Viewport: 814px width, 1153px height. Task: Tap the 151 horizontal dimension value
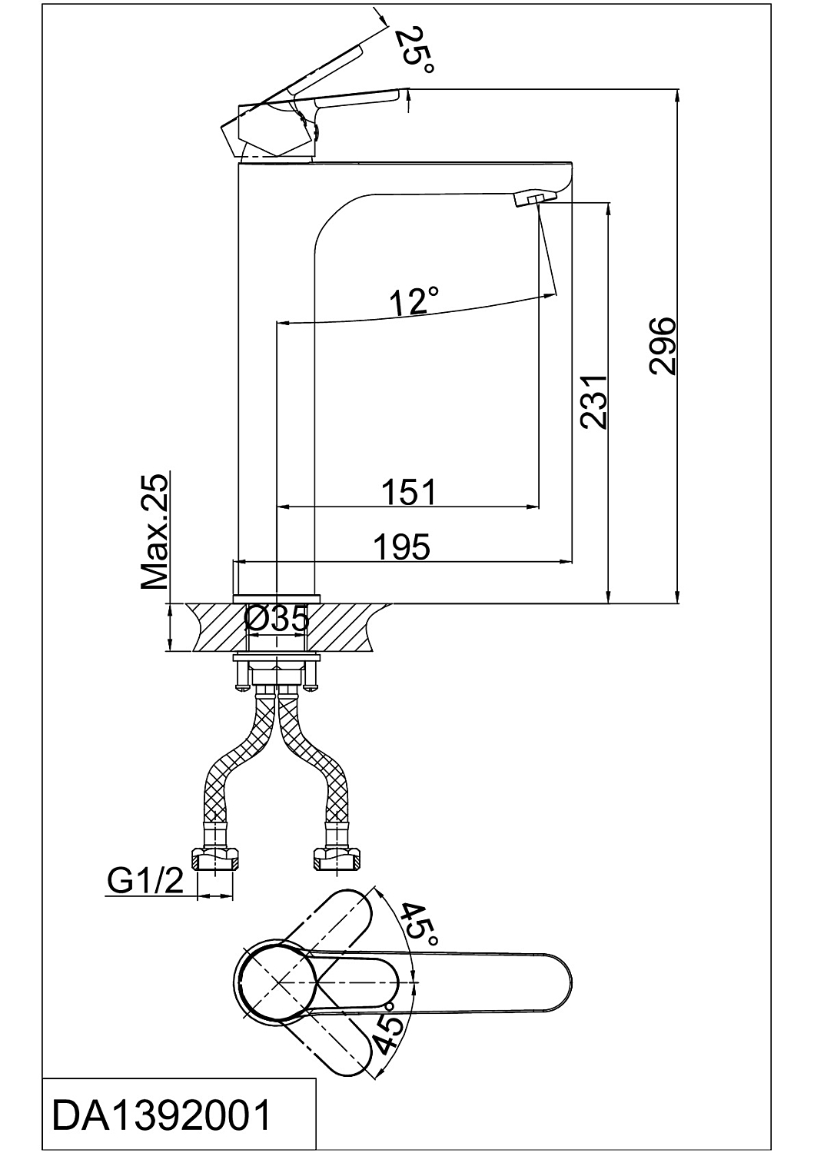[x=408, y=491]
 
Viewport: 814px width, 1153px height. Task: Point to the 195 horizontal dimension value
[x=401, y=547]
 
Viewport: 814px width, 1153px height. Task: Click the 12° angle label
[x=414, y=301]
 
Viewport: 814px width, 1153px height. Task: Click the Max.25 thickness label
[x=154, y=531]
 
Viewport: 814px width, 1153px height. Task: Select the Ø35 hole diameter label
[x=277, y=619]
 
